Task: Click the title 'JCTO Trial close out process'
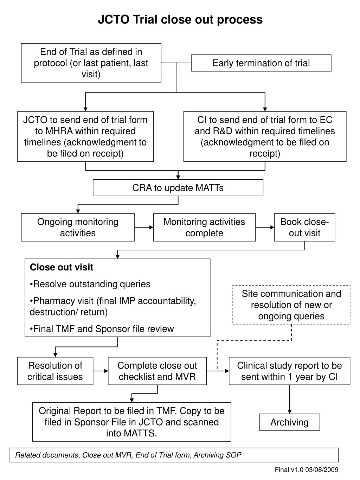point(180,19)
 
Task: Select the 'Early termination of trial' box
point(261,63)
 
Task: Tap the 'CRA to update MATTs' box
point(178,188)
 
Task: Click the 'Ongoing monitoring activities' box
point(78,228)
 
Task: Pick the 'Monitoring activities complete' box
point(204,228)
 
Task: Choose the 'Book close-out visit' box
point(304,228)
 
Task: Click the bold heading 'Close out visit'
point(62,267)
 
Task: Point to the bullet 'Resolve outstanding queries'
point(90,284)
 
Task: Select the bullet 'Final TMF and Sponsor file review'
point(102,329)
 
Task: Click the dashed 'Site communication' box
point(291,305)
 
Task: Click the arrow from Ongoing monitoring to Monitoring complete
point(144,228)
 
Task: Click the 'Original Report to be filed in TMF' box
point(131,422)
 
